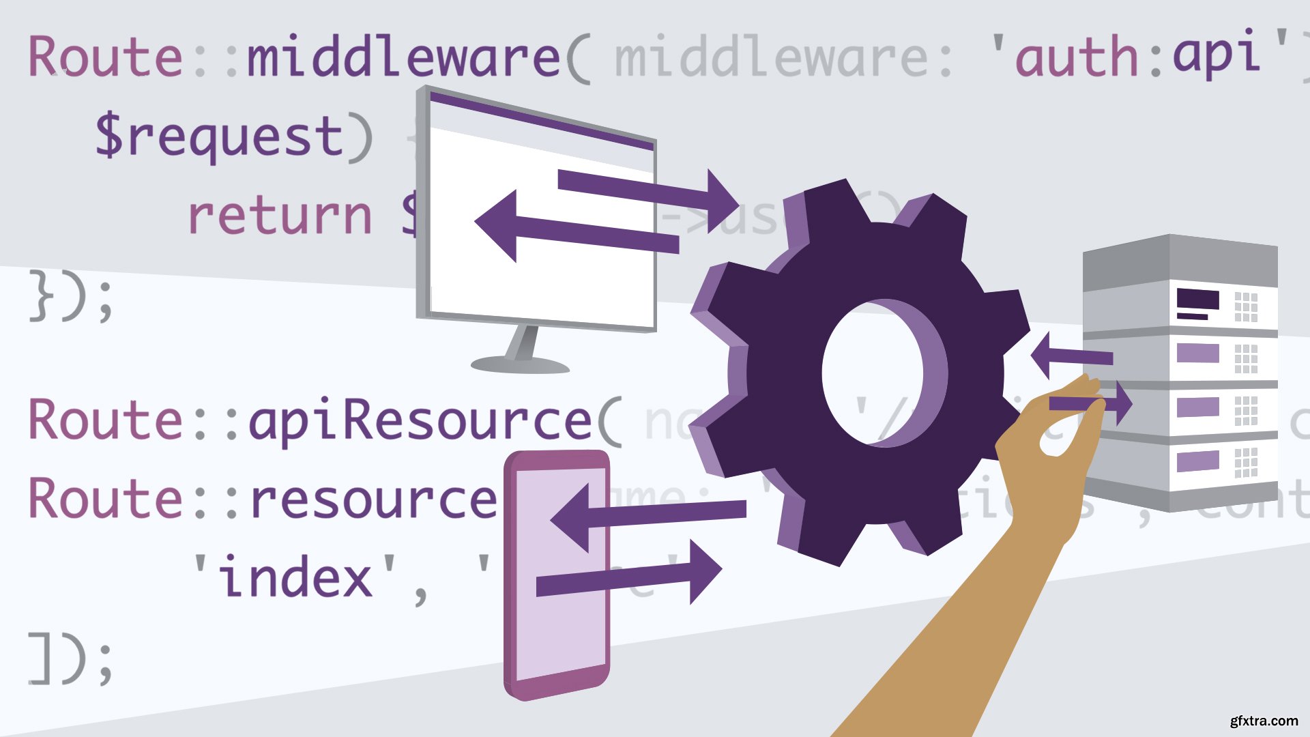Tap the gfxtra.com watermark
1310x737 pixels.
point(1264,721)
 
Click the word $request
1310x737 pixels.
point(220,136)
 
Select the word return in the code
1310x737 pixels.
point(280,216)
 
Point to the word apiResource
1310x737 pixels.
point(419,420)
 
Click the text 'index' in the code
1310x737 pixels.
point(295,577)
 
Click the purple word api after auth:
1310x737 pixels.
point(1215,53)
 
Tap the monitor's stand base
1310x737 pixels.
point(520,364)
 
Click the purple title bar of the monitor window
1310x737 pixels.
point(542,120)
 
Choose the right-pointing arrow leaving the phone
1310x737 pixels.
point(628,577)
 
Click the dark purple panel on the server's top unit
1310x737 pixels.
point(1197,300)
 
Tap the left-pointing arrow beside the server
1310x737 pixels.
point(1071,355)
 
